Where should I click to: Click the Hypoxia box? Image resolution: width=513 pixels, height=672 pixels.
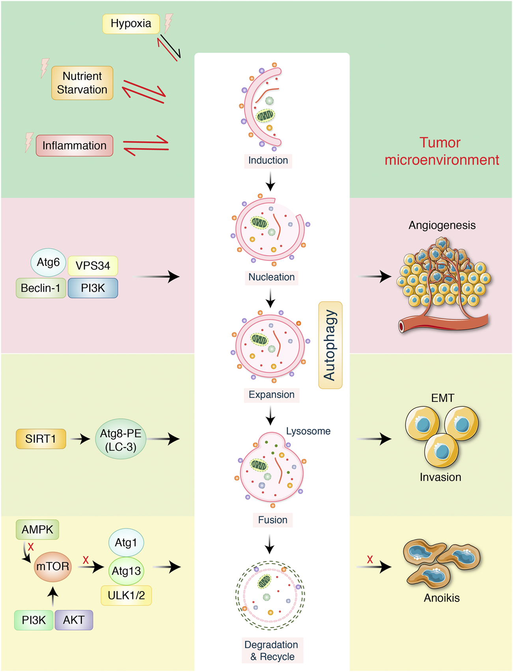131,24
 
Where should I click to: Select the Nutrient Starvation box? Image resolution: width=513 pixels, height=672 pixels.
82,83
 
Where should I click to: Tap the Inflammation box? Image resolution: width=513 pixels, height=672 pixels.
75,146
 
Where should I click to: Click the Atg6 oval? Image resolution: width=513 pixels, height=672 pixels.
48,262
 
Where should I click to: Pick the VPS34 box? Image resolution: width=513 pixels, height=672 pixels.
93,266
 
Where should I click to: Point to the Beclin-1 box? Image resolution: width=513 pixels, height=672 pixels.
41,288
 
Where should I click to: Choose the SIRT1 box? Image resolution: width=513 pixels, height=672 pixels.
41,439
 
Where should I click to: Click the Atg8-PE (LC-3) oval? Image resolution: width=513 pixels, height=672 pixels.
121,439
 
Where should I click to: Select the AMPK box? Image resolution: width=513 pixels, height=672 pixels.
37,530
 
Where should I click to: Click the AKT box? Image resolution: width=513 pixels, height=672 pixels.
74,620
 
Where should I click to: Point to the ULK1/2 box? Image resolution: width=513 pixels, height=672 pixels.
126,595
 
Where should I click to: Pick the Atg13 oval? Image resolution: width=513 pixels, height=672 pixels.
126,571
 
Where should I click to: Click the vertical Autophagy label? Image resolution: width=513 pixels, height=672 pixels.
330,345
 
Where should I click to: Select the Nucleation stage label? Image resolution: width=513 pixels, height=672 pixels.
271,277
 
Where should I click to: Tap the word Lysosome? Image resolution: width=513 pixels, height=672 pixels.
308,431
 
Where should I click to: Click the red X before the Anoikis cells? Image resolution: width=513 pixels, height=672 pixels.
370,559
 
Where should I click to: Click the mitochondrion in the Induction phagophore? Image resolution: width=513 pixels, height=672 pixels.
265,115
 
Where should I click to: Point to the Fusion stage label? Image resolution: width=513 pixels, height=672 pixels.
272,520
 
